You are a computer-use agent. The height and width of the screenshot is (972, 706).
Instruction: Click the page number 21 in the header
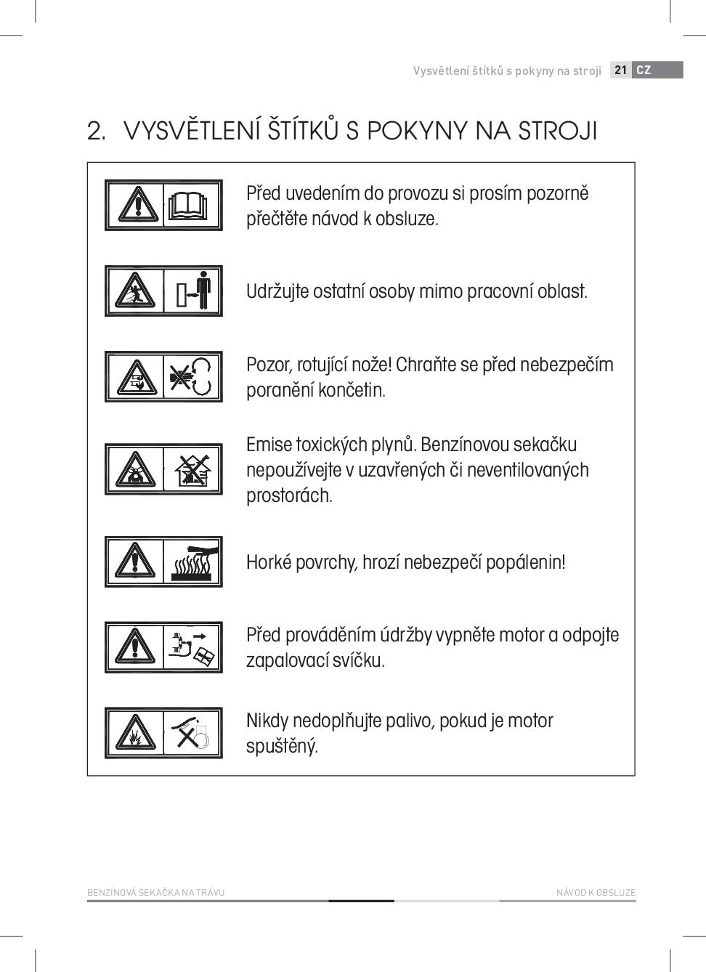(x=620, y=70)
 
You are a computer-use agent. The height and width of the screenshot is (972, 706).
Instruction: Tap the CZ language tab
(x=644, y=70)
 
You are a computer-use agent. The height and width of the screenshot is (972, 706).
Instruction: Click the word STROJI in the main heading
(x=558, y=131)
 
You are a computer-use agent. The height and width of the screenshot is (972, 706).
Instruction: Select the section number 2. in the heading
(x=97, y=131)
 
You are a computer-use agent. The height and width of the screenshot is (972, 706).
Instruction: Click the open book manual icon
(x=192, y=205)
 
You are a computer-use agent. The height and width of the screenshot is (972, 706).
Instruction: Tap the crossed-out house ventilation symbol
(x=192, y=469)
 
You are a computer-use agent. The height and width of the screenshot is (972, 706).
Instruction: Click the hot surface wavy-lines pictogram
(x=193, y=562)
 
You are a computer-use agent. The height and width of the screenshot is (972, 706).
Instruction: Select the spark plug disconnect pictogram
(x=192, y=647)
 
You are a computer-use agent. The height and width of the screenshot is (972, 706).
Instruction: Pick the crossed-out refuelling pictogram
(x=192, y=732)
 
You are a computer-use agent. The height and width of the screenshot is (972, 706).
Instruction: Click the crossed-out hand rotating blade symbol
(x=192, y=376)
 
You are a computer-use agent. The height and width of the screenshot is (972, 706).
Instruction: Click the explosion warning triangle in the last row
(x=135, y=733)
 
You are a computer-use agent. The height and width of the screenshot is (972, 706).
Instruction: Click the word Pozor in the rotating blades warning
(x=268, y=365)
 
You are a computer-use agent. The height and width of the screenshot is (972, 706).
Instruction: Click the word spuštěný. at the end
(x=282, y=747)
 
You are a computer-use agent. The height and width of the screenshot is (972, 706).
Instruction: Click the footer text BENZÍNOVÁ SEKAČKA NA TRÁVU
(x=155, y=893)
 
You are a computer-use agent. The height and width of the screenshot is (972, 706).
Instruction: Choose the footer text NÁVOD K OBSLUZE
(x=596, y=893)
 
